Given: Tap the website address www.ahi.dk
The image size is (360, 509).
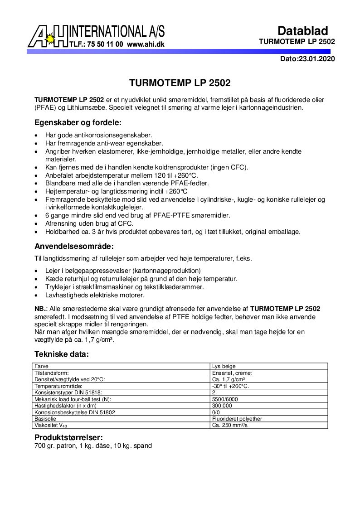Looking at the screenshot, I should coord(146,44).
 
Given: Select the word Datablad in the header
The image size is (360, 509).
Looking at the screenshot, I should coord(302,31).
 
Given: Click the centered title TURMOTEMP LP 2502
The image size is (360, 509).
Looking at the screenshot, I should coord(180,83).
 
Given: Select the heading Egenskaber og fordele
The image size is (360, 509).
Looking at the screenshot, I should coord(78,122).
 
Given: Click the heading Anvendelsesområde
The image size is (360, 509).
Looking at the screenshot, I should coord(74,247).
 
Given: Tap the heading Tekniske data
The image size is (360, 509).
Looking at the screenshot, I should coord(62,354).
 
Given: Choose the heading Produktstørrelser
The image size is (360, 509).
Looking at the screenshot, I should coord(69,437).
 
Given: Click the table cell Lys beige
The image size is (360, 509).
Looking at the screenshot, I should coord(224,366).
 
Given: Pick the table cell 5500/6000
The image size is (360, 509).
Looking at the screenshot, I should coord(225,399).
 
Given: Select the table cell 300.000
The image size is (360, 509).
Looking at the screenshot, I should coord(222,406).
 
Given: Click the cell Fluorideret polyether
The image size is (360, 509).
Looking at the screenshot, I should coord(237,419).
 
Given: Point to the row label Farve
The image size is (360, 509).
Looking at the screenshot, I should coord(42,366).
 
